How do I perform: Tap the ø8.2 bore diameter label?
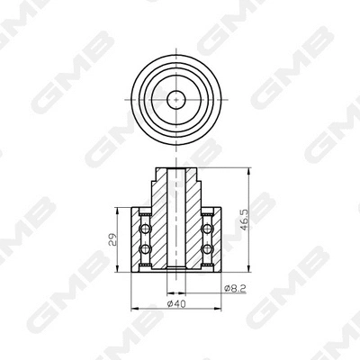(x=232, y=289)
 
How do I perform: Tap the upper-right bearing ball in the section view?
(x=208, y=222)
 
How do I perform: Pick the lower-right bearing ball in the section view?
(x=208, y=250)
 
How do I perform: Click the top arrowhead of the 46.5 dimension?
(x=247, y=169)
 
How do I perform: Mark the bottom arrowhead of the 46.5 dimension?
(x=247, y=269)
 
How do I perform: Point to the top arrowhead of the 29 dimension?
(x=121, y=210)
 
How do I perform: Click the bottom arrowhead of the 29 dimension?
(x=121, y=269)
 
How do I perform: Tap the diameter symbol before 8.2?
(x=224, y=289)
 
